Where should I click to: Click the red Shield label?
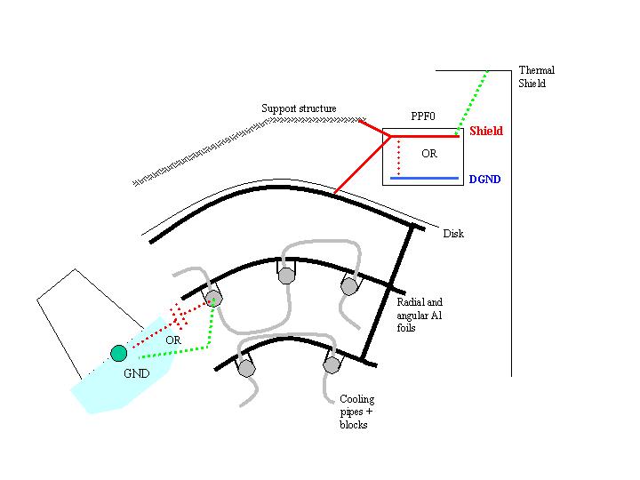pos(485,131)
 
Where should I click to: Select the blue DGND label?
pos(484,180)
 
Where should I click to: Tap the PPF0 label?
pos(423,116)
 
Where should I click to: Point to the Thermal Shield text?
pos(536,76)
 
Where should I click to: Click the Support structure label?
pos(299,108)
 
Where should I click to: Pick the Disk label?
pos(453,234)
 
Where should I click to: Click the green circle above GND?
pos(119,353)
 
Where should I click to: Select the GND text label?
pos(136,373)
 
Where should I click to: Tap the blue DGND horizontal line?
pos(425,179)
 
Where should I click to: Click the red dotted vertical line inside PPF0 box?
pos(399,157)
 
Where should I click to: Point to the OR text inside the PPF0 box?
pos(429,154)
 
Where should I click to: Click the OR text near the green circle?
pos(173,340)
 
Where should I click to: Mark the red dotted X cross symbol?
pos(179,315)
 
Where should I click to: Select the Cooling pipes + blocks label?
pos(357,412)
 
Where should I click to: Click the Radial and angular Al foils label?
pos(420,315)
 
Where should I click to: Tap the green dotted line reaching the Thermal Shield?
pos(472,102)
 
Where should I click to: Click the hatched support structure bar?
pos(249,151)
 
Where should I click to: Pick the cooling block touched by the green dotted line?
pos(214,299)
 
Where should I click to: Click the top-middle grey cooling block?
pos(286,276)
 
